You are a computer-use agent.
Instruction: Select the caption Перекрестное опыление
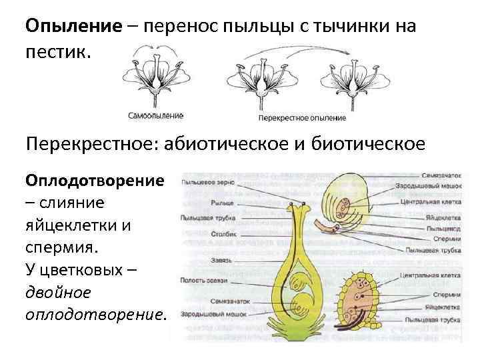(301, 118)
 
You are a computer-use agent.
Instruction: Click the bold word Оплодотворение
(94, 182)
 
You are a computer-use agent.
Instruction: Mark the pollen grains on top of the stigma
(297, 202)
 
